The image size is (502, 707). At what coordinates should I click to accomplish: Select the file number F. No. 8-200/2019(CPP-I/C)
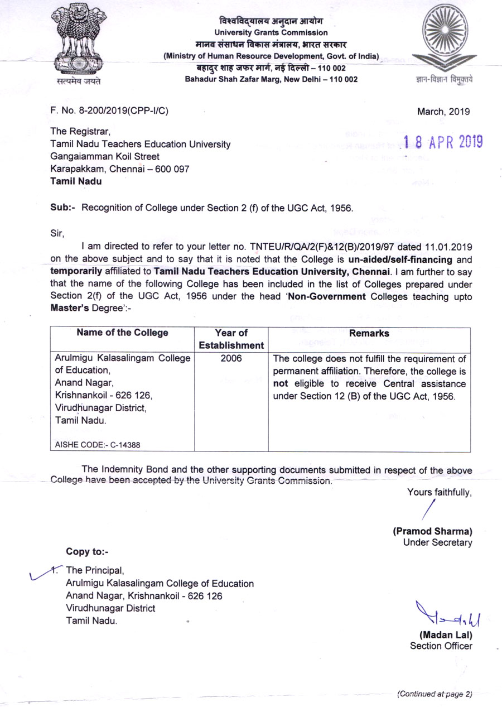tap(109, 111)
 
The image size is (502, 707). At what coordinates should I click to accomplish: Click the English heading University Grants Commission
tap(271, 33)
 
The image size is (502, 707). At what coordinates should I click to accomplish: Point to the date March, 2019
tap(443, 111)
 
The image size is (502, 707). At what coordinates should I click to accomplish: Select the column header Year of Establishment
tap(231, 339)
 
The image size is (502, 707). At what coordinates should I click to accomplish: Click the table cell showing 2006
tap(231, 359)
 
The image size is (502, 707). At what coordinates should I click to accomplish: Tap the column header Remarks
tap(369, 333)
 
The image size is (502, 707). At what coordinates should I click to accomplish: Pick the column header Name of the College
tap(122, 333)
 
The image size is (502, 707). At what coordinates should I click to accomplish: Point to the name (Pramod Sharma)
tap(433, 531)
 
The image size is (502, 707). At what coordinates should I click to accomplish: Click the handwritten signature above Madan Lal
tap(444, 615)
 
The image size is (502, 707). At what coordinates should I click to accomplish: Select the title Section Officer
tap(441, 646)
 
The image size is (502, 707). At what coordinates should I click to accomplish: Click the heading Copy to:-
tap(87, 552)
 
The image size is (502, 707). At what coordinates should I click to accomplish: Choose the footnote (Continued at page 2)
tap(435, 694)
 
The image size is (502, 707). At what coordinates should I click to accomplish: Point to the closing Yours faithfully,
tap(440, 492)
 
